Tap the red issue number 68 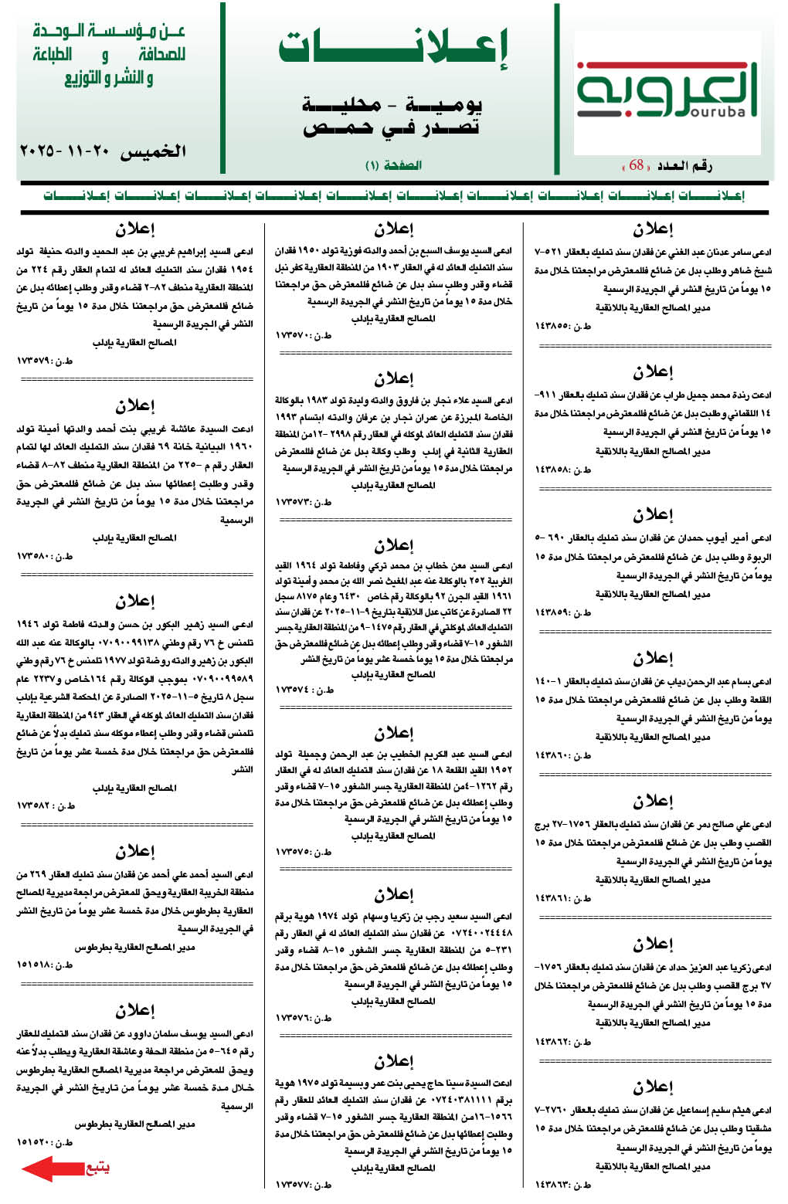(637, 165)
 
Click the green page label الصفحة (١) (393, 165)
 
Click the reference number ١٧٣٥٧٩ (38, 361)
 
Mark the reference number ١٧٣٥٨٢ (38, 805)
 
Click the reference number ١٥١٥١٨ (38, 965)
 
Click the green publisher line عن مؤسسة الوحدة (109, 32)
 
